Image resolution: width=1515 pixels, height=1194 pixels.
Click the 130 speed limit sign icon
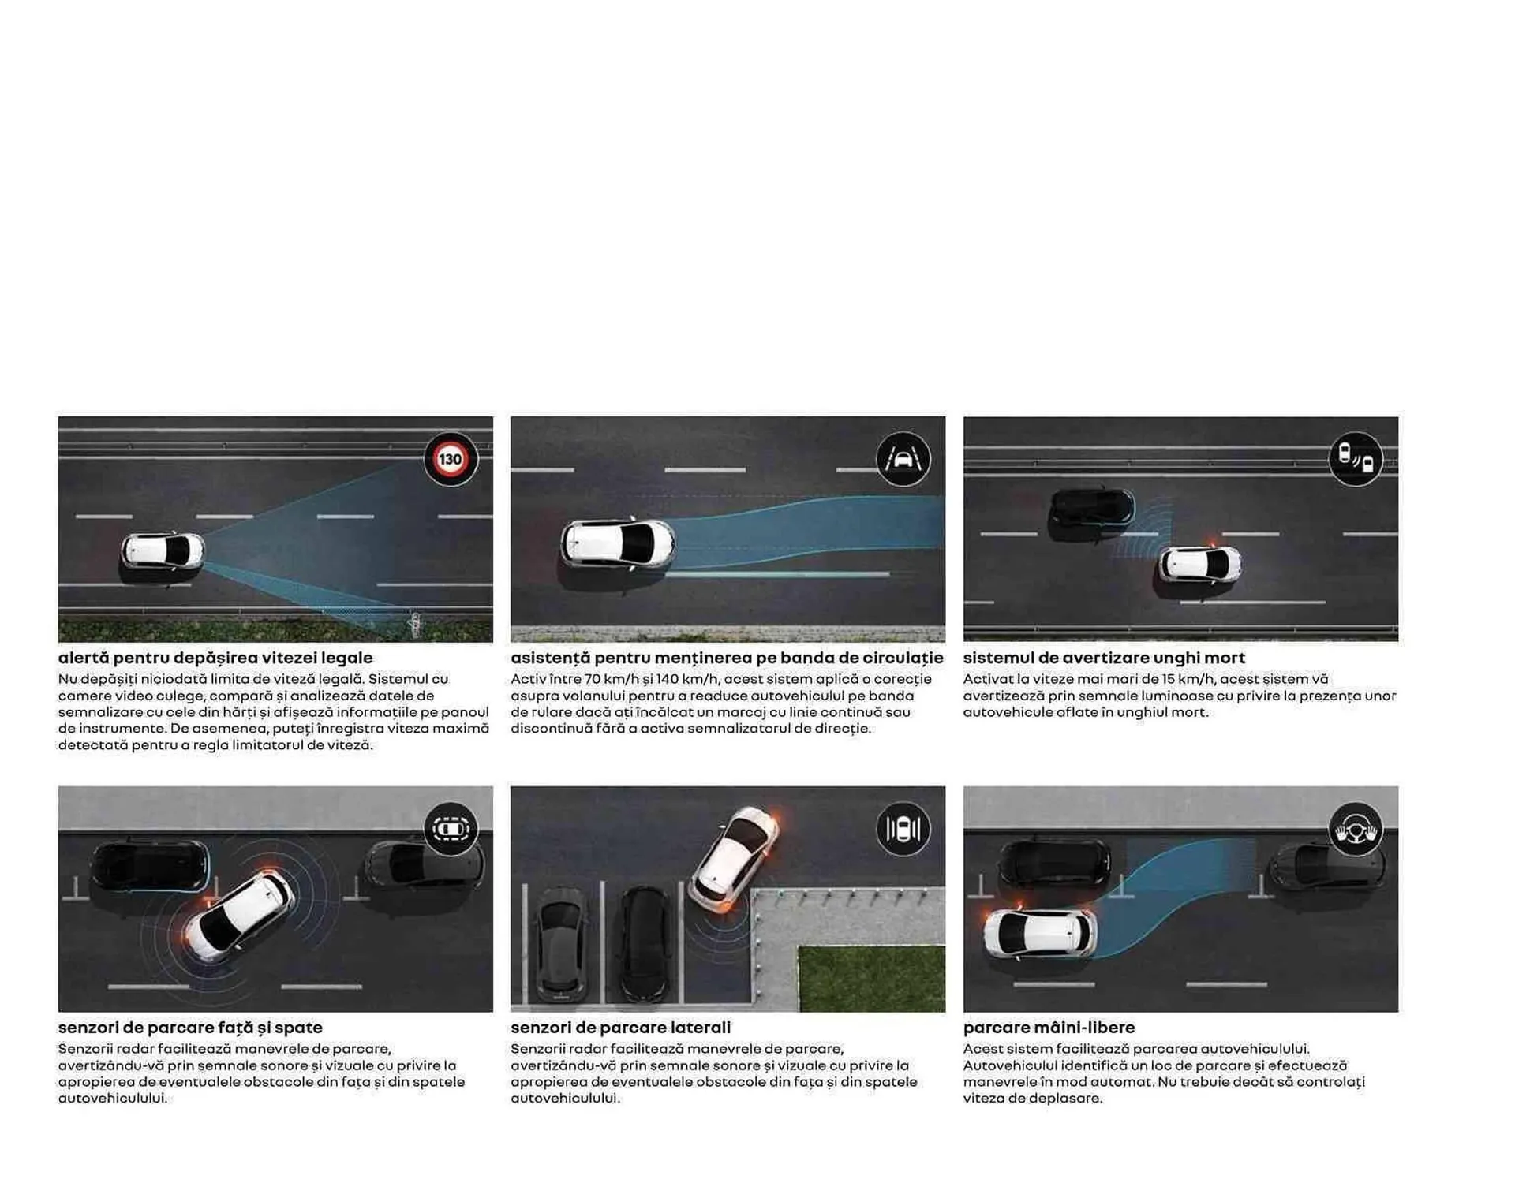click(x=451, y=459)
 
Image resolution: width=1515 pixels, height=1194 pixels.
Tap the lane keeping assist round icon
click(x=903, y=459)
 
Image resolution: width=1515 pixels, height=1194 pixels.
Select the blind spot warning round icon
click(x=1355, y=459)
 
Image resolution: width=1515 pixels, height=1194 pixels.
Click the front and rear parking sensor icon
click(x=451, y=829)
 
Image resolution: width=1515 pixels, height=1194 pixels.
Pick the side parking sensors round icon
click(x=903, y=829)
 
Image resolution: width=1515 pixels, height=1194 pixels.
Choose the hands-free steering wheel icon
click(x=1355, y=829)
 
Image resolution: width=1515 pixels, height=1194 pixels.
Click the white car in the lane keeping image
click(x=618, y=543)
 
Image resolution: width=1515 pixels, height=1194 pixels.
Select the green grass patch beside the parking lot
click(x=870, y=978)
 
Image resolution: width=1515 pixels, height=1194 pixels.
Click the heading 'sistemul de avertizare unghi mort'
click(x=1104, y=658)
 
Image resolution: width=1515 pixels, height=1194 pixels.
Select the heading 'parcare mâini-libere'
click(x=1049, y=1028)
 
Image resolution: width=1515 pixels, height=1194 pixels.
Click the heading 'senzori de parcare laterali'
click(x=620, y=1028)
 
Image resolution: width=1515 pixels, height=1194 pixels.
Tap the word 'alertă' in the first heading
click(x=84, y=658)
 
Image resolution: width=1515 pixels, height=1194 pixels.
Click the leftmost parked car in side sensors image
click(x=561, y=942)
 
